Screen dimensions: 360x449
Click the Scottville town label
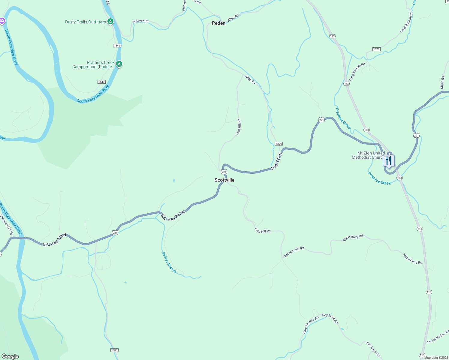224,180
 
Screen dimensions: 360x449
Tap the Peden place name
218,23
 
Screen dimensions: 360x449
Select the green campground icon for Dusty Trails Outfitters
110,22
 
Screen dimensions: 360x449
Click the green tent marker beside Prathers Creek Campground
119,64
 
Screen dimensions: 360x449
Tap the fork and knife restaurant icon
389,160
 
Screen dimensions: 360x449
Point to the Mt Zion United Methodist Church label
368,155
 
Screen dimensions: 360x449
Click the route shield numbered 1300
279,144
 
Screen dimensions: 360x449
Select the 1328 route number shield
376,49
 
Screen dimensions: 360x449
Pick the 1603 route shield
114,350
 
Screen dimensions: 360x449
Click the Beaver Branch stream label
169,262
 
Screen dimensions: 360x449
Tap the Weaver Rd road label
140,21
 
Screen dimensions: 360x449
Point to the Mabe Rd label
442,82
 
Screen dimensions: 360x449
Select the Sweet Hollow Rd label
438,337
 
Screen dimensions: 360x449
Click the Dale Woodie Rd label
310,325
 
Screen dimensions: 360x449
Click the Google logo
10,356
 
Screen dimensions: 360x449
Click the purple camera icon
2,21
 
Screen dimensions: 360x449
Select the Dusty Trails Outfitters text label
86,22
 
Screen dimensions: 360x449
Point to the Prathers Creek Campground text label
93,64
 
